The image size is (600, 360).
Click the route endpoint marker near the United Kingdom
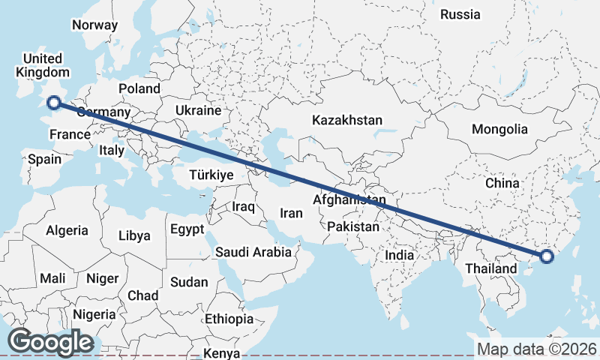pyautogui.click(x=53, y=103)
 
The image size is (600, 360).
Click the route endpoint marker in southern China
pyautogui.click(x=546, y=256)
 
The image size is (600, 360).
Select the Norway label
pyautogui.click(x=94, y=25)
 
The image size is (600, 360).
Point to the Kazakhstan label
pyautogui.click(x=347, y=120)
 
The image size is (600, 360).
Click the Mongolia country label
pyautogui.click(x=499, y=129)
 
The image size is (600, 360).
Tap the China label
pyautogui.click(x=502, y=183)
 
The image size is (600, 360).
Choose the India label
pyautogui.click(x=400, y=256)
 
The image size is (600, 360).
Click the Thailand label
pyautogui.click(x=490, y=268)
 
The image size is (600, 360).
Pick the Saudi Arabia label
pyautogui.click(x=253, y=252)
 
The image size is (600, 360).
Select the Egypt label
pyautogui.click(x=187, y=229)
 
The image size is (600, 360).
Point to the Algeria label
pyautogui.click(x=67, y=230)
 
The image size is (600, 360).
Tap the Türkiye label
pyautogui.click(x=212, y=174)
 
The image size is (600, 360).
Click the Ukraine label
pyautogui.click(x=198, y=110)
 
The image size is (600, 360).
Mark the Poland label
pyautogui.click(x=139, y=88)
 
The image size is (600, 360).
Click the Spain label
pyautogui.click(x=44, y=159)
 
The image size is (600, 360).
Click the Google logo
pyautogui.click(x=50, y=342)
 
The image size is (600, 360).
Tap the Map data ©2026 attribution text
pyautogui.click(x=536, y=349)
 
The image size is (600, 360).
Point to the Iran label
pyautogui.click(x=291, y=213)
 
